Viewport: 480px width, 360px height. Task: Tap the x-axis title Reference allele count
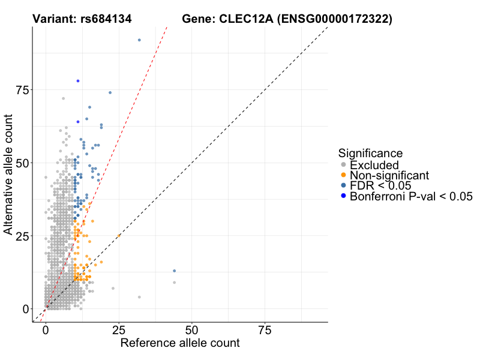tap(180, 343)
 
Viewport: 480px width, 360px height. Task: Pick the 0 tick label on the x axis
tap(46, 331)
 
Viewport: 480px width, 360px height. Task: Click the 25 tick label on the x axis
tap(119, 331)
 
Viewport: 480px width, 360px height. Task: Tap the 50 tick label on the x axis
tap(192, 331)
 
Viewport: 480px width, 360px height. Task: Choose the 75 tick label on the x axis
tap(265, 331)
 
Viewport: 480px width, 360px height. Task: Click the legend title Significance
tap(370, 153)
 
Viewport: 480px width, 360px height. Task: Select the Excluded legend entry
tap(374, 164)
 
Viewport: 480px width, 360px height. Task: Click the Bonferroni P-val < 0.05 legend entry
tap(412, 196)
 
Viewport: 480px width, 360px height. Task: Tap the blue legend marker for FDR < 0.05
tap(343, 186)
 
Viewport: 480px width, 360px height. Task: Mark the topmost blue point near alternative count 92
tap(139, 40)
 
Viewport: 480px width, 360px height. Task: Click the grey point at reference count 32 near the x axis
tap(139, 297)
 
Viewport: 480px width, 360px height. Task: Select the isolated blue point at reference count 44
tap(175, 271)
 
